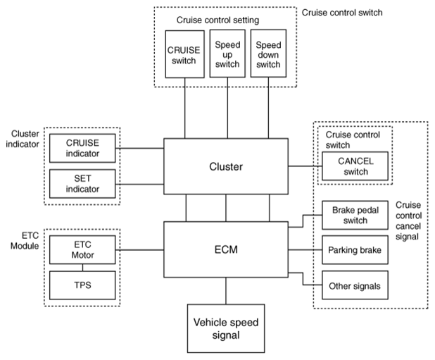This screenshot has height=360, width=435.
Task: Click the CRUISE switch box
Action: pos(184,54)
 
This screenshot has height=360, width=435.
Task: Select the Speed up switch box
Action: pos(227,54)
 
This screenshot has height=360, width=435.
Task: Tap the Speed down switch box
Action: pos(268,54)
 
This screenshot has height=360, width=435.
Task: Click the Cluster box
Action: pos(226,166)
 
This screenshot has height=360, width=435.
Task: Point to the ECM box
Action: pos(226,249)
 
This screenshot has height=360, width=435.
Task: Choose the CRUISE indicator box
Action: pos(82,148)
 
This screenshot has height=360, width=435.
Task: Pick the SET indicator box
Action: pos(82,184)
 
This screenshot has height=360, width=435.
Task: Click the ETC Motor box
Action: pos(82,250)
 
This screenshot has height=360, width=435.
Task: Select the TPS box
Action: pos(82,285)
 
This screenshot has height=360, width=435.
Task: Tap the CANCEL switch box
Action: pos(355,166)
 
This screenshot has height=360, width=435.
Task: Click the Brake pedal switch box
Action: pos(355,215)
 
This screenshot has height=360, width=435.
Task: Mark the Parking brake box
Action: pos(355,250)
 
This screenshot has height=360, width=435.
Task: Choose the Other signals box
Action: pos(355,285)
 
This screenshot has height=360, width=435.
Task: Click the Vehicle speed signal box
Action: pos(226,328)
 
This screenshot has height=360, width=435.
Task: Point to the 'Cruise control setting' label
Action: pos(217,20)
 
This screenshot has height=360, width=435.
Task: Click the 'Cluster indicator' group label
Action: pos(23,139)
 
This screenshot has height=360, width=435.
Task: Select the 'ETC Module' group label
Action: pos(25,241)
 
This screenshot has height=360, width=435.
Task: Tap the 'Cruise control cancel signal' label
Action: pos(409,221)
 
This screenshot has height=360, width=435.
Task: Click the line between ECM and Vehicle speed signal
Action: pos(226,291)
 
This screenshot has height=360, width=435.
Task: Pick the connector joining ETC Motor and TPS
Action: pos(82,268)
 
